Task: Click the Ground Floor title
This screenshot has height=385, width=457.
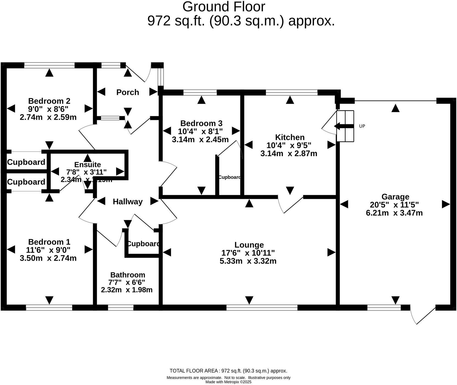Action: (224, 7)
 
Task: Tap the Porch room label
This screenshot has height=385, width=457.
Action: (127, 92)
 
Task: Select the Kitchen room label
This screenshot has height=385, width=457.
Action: (290, 137)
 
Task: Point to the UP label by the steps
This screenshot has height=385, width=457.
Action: (362, 126)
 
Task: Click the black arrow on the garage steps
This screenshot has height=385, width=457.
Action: (343, 126)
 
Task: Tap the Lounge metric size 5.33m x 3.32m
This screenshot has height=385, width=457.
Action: (248, 261)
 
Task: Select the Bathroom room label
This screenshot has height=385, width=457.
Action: (128, 275)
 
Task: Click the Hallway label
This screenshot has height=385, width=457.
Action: (128, 202)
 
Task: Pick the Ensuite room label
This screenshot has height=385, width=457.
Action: (88, 165)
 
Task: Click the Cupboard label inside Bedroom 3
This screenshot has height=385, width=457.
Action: (230, 177)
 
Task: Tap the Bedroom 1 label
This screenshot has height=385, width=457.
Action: (49, 242)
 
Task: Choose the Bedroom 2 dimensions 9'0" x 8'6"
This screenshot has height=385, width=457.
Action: (48, 109)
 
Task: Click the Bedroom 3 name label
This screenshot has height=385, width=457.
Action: (201, 123)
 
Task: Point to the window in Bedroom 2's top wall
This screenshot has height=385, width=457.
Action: (49, 65)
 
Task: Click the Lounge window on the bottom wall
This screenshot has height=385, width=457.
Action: (262, 307)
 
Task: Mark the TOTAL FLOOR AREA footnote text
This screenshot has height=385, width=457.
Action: (228, 371)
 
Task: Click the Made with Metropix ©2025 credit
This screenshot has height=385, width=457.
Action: (228, 382)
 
